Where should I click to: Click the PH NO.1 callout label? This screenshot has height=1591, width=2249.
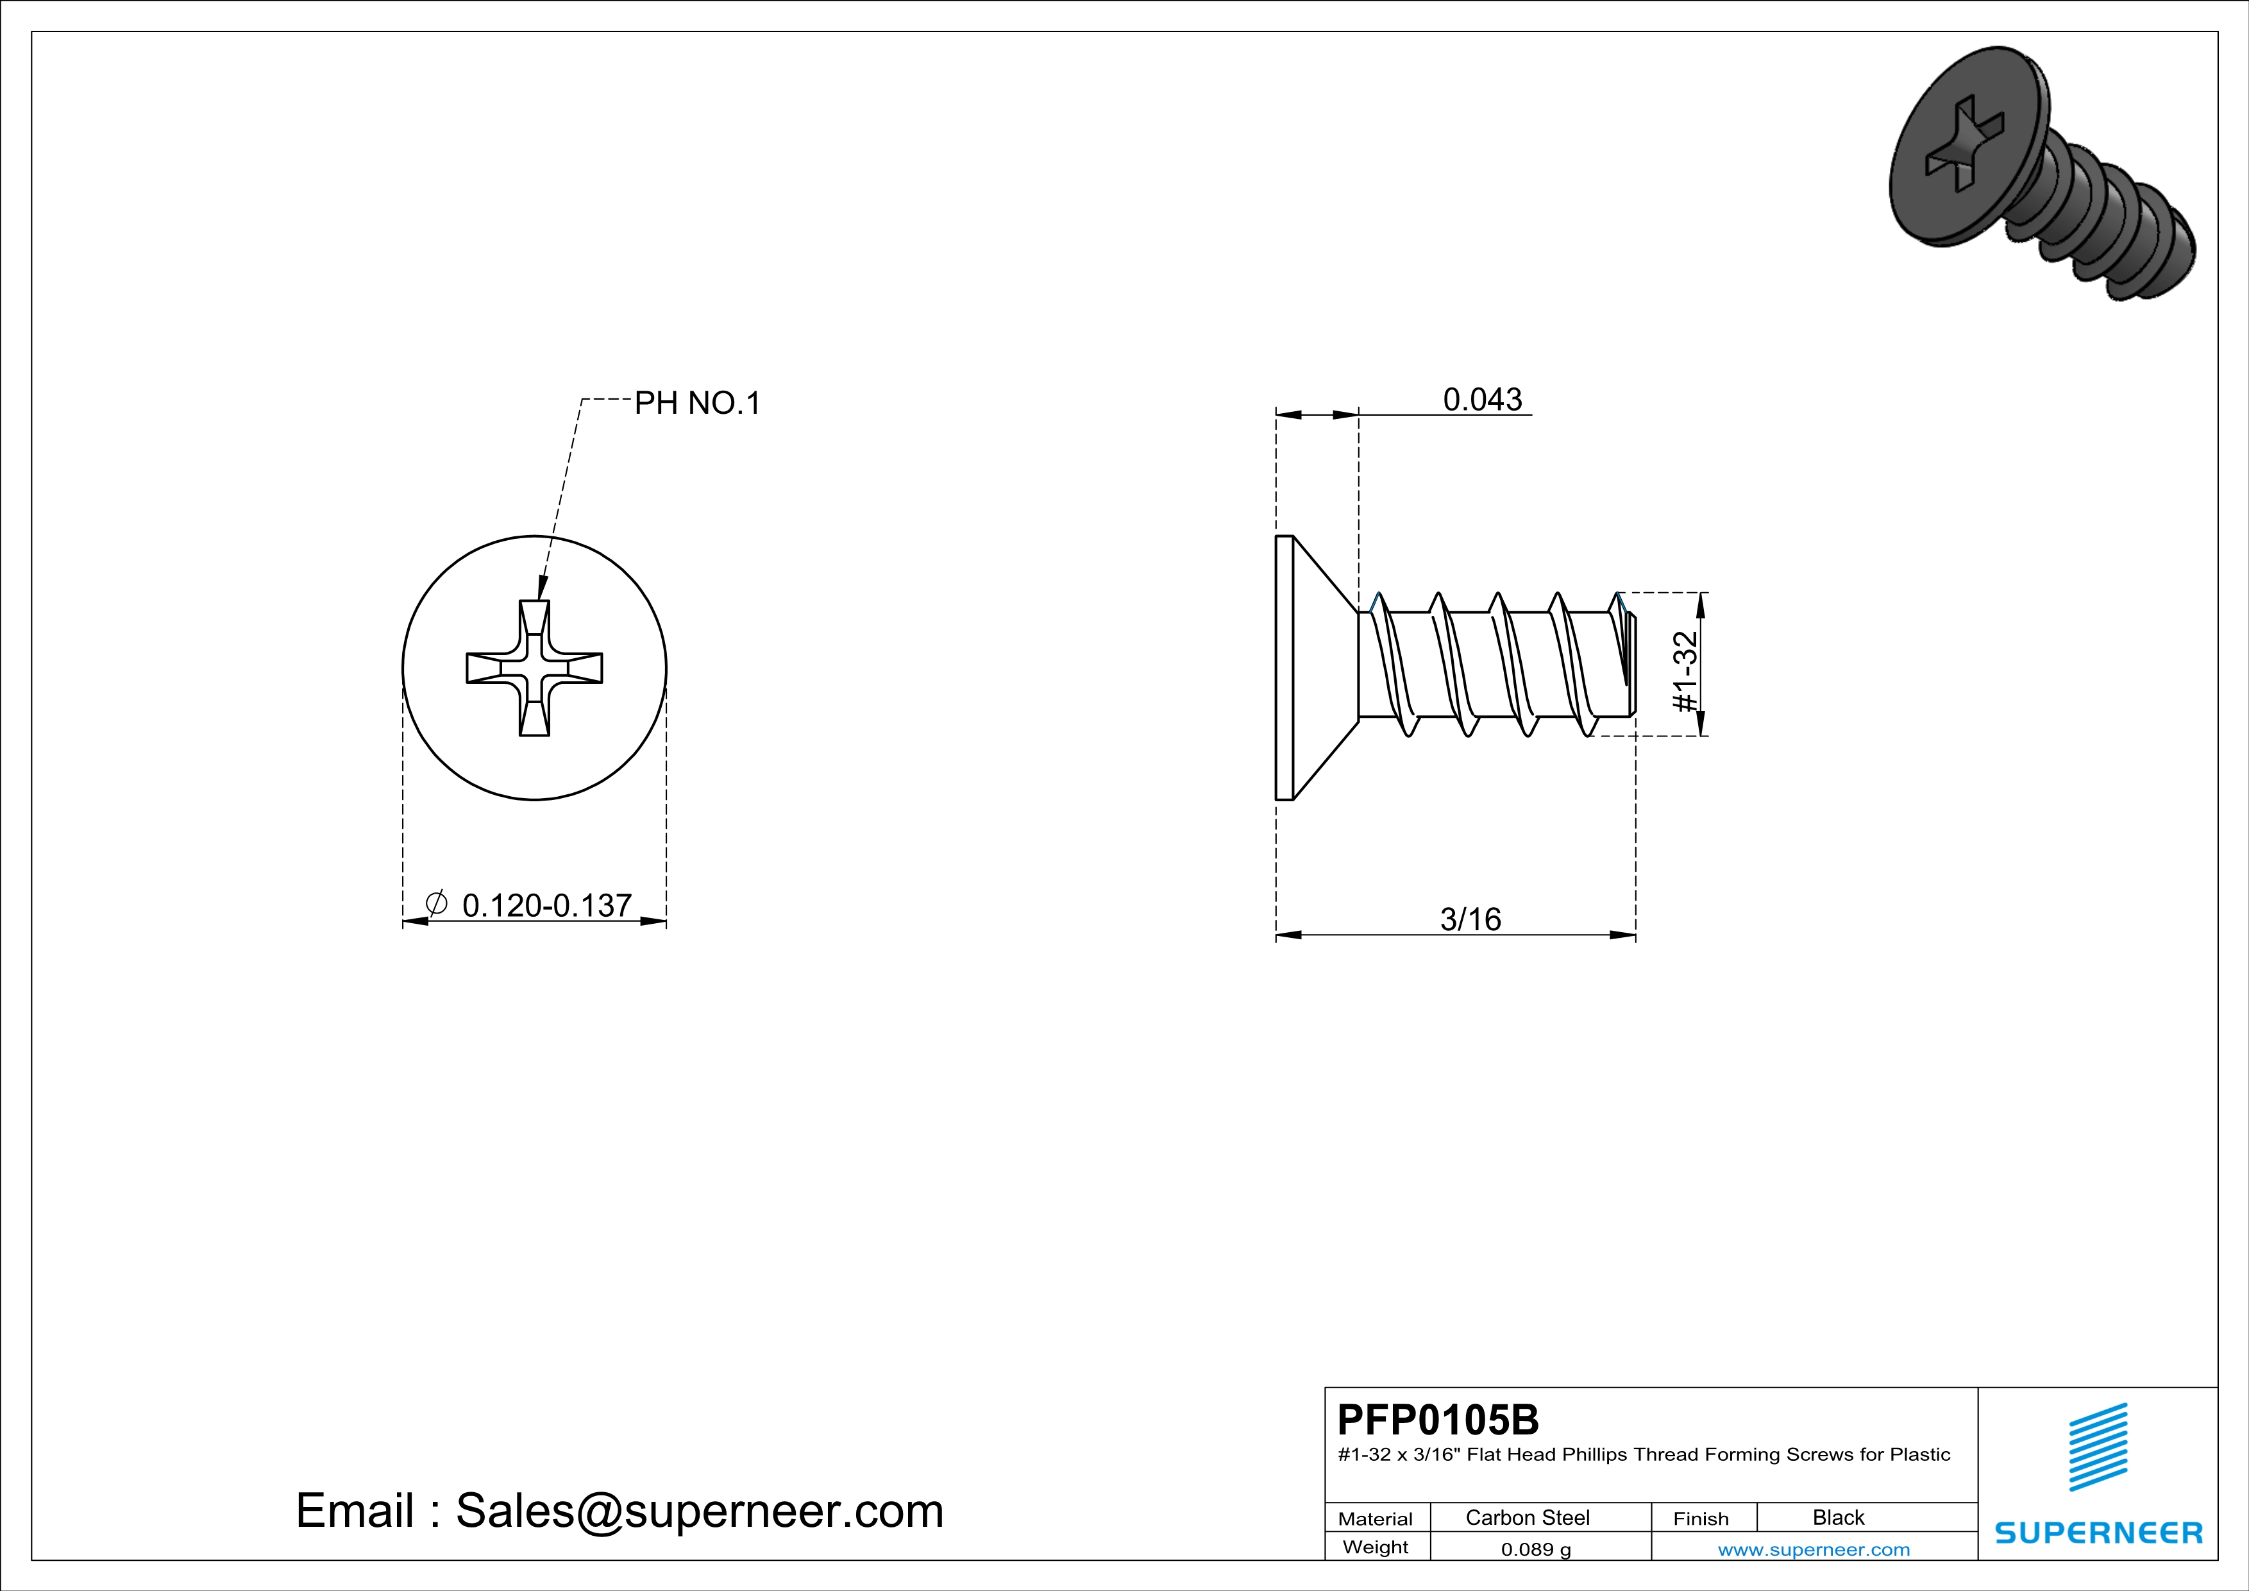pyautogui.click(x=698, y=403)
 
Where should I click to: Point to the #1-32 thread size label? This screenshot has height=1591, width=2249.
pyautogui.click(x=1685, y=672)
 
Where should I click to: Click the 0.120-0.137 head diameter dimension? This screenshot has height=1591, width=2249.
pyautogui.click(x=546, y=905)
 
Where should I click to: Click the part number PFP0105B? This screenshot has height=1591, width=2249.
pyautogui.click(x=1438, y=1420)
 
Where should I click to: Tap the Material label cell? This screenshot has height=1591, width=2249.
pyautogui.click(x=1376, y=1519)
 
